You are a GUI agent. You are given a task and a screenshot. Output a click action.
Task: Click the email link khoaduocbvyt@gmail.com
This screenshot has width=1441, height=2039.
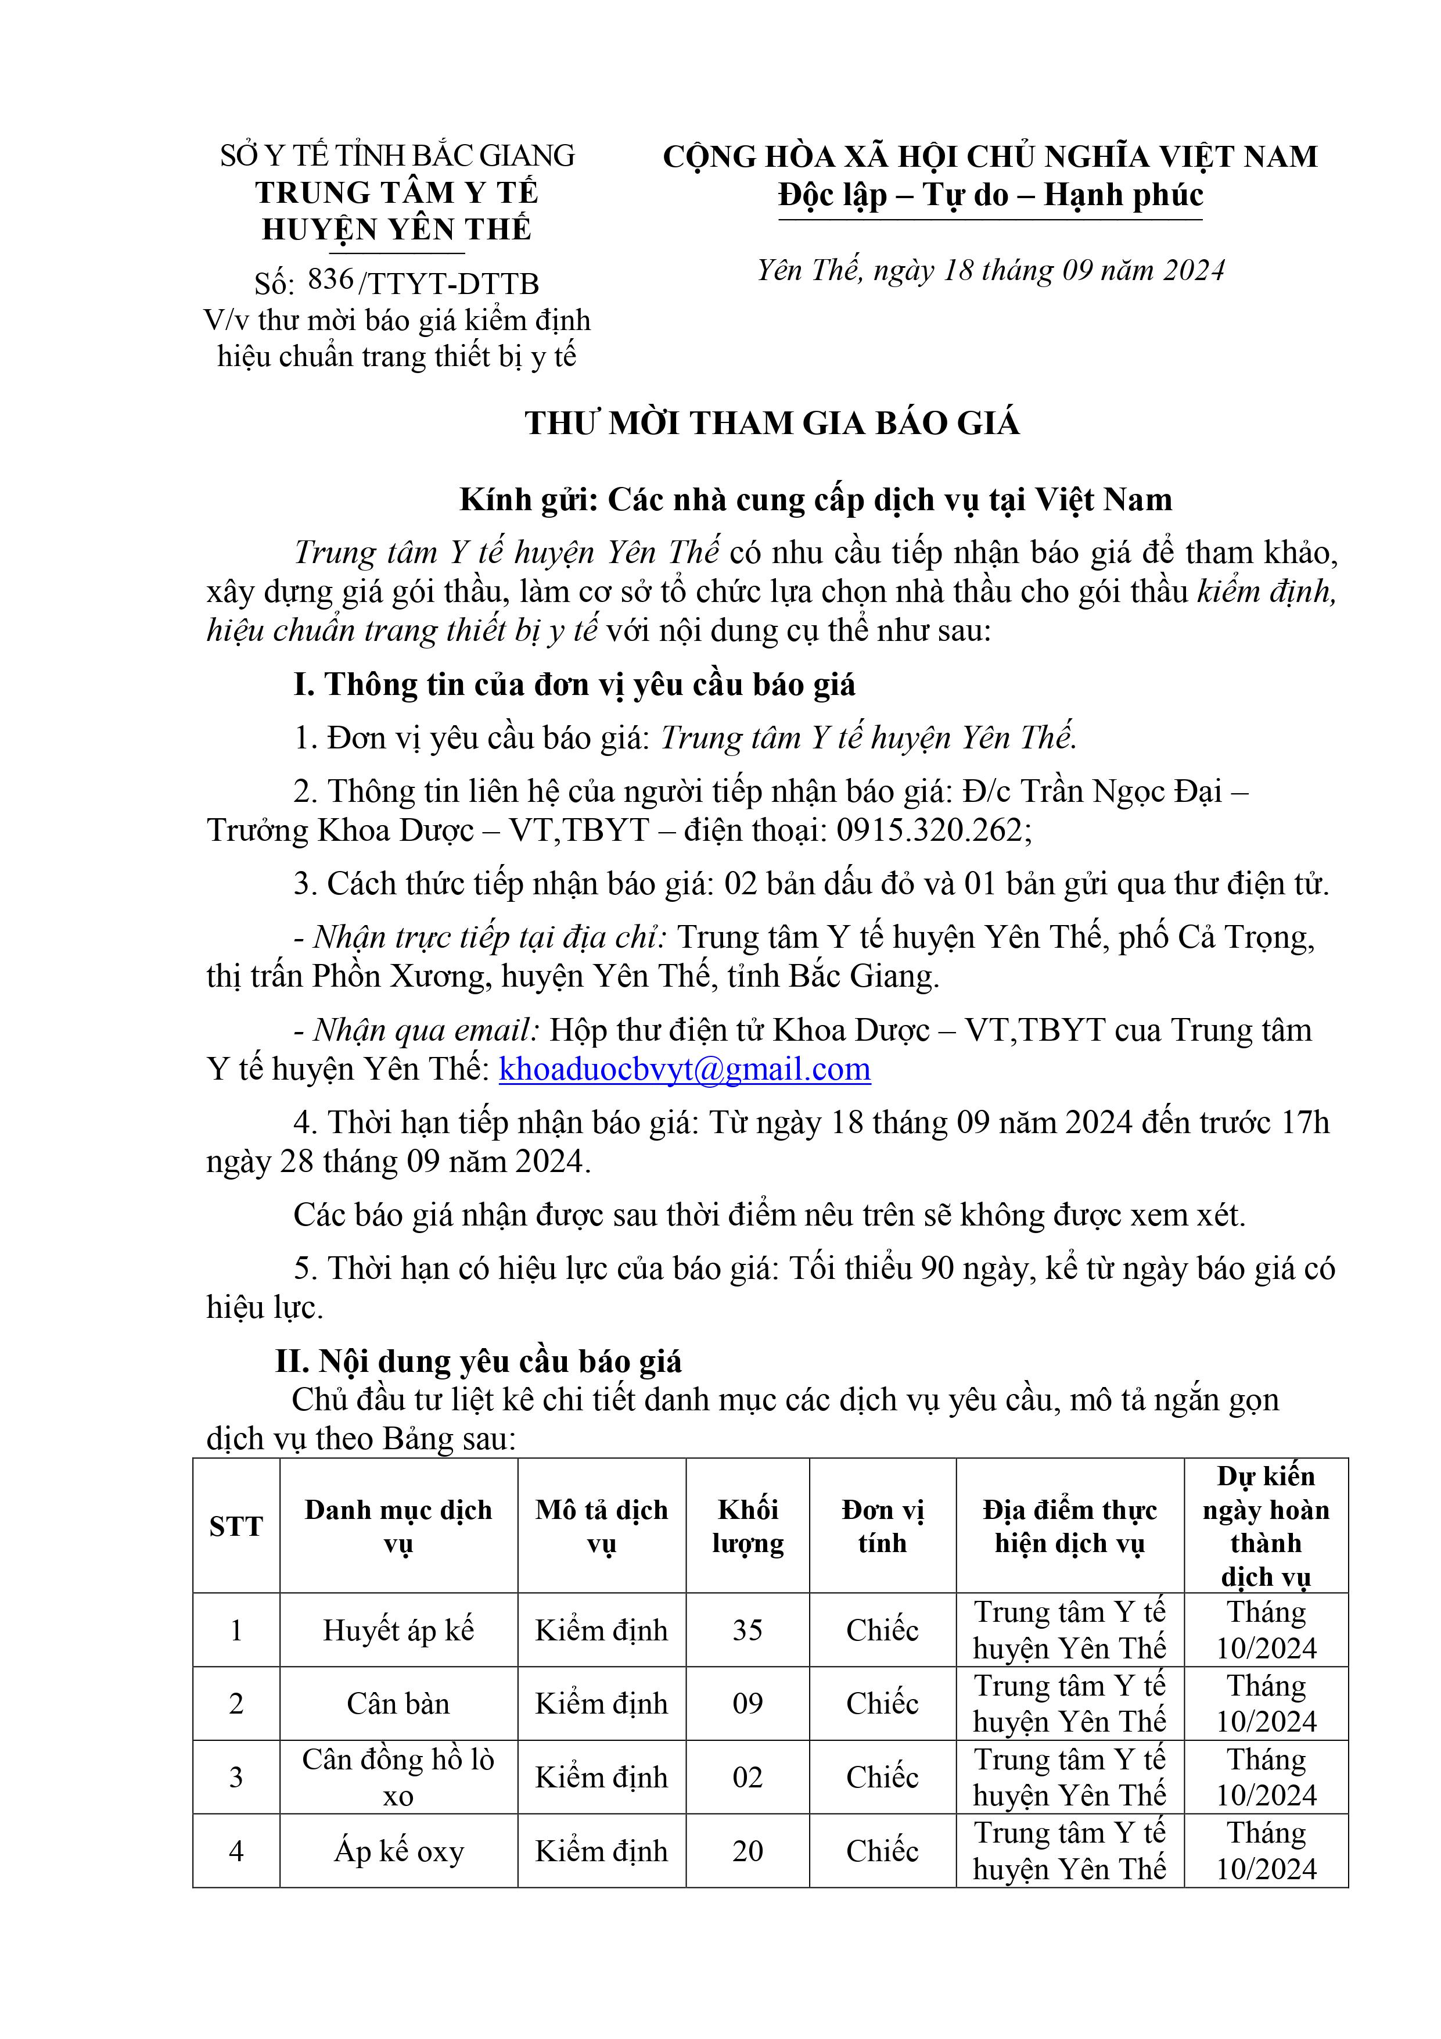(685, 1069)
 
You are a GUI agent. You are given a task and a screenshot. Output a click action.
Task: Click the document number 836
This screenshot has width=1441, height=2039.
(330, 279)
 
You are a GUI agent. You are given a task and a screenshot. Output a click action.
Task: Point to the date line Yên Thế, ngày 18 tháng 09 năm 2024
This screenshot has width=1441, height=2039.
(990, 270)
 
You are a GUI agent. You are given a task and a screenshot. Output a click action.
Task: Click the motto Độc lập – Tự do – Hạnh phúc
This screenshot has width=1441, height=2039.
(990, 195)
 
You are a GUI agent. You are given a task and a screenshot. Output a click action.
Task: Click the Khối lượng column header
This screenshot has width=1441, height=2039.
(748, 1526)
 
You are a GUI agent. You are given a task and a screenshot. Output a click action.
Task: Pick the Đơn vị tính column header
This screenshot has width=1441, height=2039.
(882, 1526)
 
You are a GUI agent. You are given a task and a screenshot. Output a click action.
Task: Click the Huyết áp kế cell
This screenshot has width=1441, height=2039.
(398, 1631)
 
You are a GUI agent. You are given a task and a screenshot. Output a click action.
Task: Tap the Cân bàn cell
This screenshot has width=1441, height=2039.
(398, 1704)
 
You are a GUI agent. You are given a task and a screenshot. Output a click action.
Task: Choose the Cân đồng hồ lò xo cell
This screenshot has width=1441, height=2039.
(398, 1778)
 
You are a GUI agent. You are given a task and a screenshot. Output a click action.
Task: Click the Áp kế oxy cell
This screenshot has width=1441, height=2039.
(398, 1852)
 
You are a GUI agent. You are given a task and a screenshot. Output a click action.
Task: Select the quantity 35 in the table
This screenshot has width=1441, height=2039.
(748, 1631)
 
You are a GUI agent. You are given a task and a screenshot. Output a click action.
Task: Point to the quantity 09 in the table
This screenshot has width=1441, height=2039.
(748, 1704)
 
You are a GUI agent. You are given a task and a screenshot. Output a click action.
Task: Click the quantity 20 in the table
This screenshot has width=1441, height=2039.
(748, 1852)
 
